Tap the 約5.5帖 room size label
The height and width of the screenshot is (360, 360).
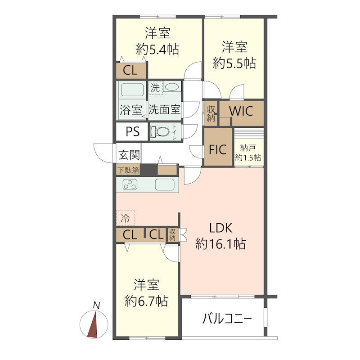[x=234, y=63]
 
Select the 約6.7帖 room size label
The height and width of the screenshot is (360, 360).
[x=146, y=300]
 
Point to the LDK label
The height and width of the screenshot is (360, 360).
[x=220, y=228]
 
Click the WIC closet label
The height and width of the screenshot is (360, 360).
[x=241, y=110]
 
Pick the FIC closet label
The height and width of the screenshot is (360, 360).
[x=218, y=149]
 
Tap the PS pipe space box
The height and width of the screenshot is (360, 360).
[x=132, y=132]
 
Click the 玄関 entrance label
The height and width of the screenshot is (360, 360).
[x=129, y=155]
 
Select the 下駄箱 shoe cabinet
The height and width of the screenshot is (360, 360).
[x=129, y=170]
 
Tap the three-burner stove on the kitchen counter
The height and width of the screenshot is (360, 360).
[x=130, y=184]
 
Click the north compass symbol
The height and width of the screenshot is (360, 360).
[x=94, y=324]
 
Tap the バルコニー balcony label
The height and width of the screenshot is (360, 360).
[x=227, y=319]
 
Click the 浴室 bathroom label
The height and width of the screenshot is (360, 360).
[x=131, y=109]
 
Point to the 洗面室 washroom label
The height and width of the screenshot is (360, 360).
[x=165, y=109]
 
